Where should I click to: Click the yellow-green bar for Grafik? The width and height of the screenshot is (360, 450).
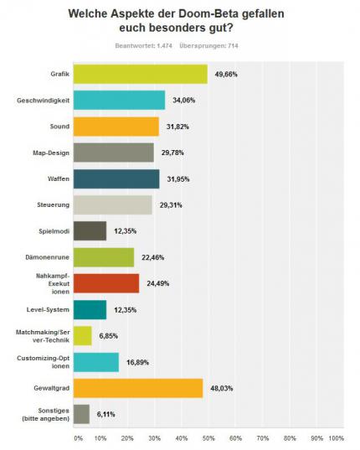(141, 74)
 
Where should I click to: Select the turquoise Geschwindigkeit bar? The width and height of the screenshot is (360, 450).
(119, 101)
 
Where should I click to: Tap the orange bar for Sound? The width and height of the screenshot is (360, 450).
(116, 127)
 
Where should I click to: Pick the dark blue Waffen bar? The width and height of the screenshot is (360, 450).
(116, 178)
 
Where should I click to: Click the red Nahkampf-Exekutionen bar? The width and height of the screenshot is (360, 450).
(106, 283)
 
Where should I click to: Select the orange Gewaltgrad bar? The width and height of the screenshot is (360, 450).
(138, 388)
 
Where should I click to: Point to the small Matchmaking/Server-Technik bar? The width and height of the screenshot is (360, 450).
(83, 336)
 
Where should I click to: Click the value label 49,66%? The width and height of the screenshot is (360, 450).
(226, 75)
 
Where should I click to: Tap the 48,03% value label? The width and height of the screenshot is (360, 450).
(222, 388)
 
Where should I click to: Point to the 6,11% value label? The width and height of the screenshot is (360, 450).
(105, 414)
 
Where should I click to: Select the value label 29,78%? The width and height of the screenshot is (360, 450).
(172, 153)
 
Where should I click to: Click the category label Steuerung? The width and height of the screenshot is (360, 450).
(54, 205)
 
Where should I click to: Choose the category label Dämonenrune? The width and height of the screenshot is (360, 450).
(47, 257)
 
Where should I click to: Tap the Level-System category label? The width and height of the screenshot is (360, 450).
(48, 310)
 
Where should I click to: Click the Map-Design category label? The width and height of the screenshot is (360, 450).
(51, 153)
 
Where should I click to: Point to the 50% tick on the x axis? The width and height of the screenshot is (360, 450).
(208, 438)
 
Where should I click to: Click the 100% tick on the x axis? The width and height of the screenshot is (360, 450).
(337, 438)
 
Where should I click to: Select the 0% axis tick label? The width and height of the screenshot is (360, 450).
(79, 438)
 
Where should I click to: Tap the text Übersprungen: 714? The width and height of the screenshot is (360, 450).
(208, 45)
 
